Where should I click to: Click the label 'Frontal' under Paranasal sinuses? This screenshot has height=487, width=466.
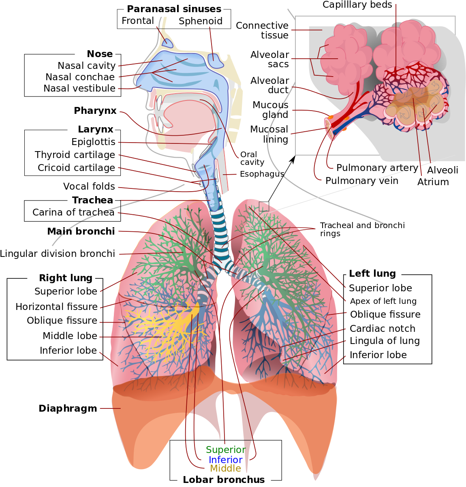tap(138, 21)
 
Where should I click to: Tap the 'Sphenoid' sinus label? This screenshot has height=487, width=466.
tap(201, 21)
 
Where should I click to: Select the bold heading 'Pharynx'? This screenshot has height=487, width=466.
tap(95, 111)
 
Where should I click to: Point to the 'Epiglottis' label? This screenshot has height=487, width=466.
tap(93, 142)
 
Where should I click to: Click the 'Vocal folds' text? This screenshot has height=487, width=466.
tap(89, 186)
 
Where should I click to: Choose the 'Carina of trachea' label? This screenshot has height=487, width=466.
tap(73, 212)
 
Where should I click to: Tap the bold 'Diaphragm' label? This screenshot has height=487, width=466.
tap(68, 408)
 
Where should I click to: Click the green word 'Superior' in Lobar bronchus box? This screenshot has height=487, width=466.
tap(226, 449)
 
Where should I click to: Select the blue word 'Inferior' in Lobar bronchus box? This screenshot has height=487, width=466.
tap(225, 459)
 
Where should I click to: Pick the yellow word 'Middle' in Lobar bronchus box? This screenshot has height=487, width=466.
tap(225, 468)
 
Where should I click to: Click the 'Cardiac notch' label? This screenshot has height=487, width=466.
tap(383, 328)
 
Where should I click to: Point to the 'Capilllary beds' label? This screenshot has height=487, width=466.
tap(357, 5)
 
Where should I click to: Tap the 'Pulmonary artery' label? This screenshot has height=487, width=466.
tap(377, 168)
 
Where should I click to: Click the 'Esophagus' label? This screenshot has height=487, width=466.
tap(262, 174)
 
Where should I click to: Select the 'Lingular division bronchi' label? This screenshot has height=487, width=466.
tap(58, 254)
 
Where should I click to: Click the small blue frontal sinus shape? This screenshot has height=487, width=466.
tap(167, 43)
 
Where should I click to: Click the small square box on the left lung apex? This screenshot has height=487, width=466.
tap(264, 207)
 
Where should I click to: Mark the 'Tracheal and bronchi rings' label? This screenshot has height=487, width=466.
tap(362, 229)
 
